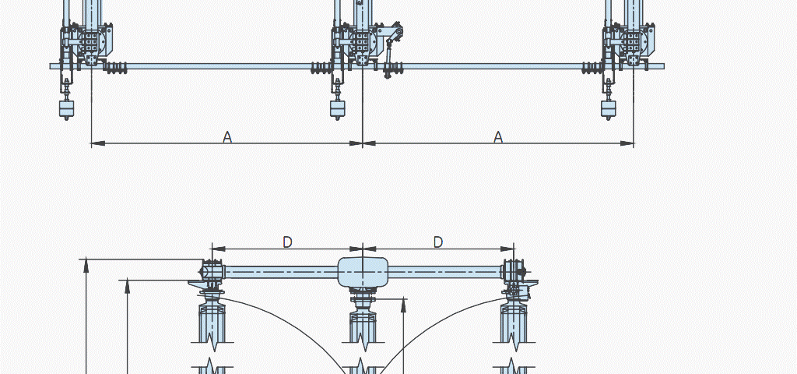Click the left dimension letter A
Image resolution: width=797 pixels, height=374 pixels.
227,137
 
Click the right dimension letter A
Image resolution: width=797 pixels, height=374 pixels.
498,137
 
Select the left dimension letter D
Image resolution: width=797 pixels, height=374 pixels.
287,242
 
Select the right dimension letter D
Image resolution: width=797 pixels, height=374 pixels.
438,242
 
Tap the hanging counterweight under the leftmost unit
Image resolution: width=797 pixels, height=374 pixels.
67,108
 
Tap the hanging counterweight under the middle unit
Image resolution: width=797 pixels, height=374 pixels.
338,108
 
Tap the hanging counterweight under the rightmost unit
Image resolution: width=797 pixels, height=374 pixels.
609,108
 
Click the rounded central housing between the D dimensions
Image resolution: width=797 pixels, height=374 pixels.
363,271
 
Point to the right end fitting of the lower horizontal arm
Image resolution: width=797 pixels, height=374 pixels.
513,272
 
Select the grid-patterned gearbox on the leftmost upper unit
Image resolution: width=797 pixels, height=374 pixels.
92,41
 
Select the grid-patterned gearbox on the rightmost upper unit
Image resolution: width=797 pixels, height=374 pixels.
634,41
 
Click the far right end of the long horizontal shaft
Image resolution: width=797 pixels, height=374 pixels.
662,66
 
